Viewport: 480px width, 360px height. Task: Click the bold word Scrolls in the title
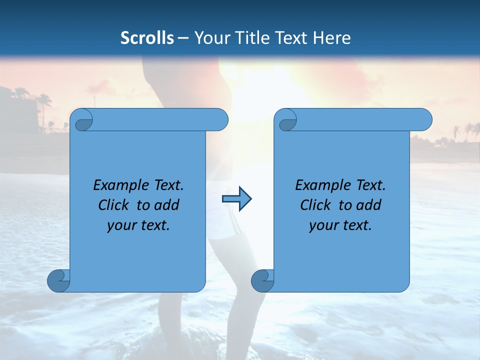coord(147,37)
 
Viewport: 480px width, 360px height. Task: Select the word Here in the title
coord(332,37)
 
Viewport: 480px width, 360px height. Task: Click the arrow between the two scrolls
coord(236,199)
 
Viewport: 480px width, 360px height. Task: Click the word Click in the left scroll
coord(115,205)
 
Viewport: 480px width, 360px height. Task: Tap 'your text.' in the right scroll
coord(340,225)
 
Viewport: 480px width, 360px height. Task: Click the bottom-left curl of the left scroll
coord(58,280)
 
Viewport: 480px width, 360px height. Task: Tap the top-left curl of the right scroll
coord(287,120)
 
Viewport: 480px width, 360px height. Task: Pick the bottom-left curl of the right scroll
coord(262,280)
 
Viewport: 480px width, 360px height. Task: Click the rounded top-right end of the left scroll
coord(220,120)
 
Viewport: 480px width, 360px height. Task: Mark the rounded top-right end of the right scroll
coord(424,120)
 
